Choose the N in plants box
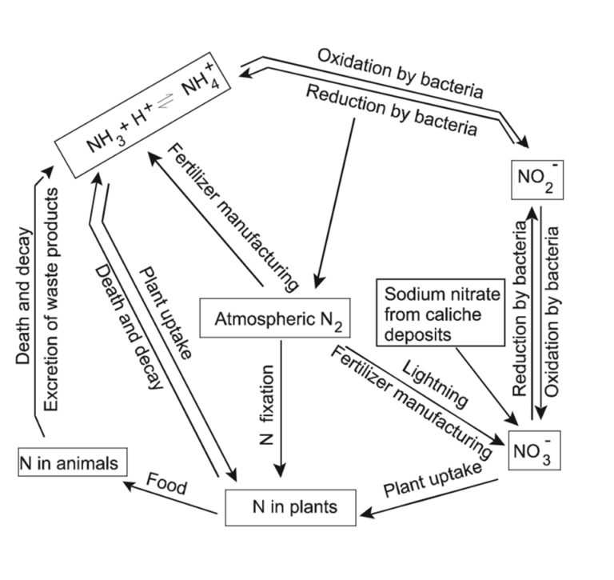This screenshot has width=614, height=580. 290,506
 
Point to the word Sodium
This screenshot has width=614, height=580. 409,294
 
